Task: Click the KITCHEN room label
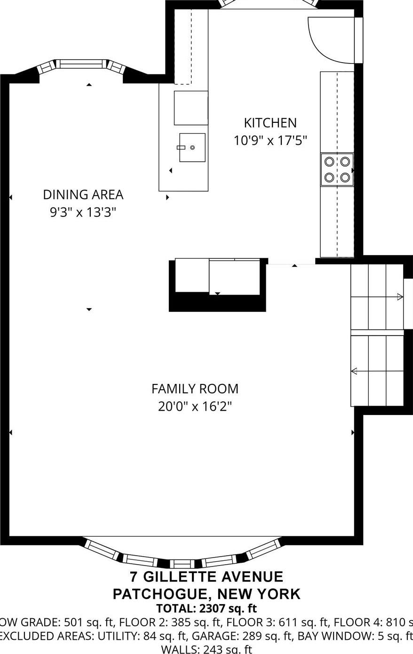[270, 123]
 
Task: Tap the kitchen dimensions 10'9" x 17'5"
[270, 140]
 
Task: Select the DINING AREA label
[83, 194]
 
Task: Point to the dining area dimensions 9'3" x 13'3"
[83, 212]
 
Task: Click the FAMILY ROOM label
[195, 389]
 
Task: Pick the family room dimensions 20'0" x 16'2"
[195, 406]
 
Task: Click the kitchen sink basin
[192, 148]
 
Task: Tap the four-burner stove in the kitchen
[337, 169]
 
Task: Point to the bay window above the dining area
[82, 64]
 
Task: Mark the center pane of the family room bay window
[182, 563]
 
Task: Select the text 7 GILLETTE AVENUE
[206, 577]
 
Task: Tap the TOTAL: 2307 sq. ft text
[206, 608]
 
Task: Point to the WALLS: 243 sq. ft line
[206, 649]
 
